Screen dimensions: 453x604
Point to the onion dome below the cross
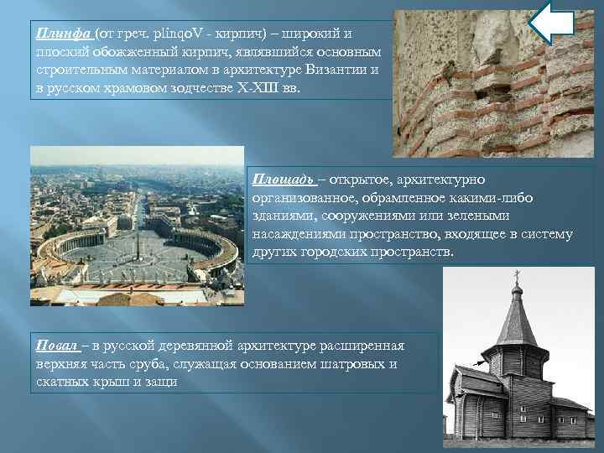(517, 292)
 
